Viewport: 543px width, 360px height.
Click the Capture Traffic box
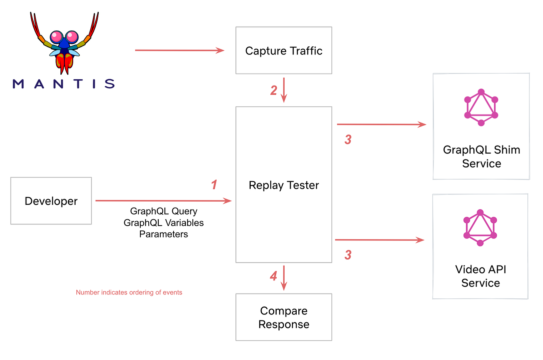(283, 50)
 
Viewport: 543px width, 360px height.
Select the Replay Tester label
(283, 185)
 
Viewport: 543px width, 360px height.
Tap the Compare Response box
(283, 317)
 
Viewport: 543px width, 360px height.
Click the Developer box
(51, 201)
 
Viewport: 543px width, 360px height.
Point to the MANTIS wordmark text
(64, 84)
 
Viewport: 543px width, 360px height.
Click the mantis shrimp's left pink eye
(56, 37)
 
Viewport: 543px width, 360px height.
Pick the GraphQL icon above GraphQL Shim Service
(481, 107)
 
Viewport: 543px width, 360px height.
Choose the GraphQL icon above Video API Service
(480, 227)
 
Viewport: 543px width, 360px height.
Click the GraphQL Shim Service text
(481, 156)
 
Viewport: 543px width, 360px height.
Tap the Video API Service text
(481, 276)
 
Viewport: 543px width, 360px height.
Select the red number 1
(214, 184)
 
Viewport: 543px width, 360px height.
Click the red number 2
(273, 90)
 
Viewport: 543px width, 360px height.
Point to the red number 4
(273, 276)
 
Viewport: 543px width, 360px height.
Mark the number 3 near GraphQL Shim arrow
(348, 140)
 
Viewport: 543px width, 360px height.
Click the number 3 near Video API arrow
(348, 255)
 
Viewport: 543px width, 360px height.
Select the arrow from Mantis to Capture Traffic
(180, 50)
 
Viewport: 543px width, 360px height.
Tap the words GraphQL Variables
(164, 223)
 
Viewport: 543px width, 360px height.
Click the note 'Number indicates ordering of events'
(129, 292)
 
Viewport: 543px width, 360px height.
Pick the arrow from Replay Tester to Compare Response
(284, 278)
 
